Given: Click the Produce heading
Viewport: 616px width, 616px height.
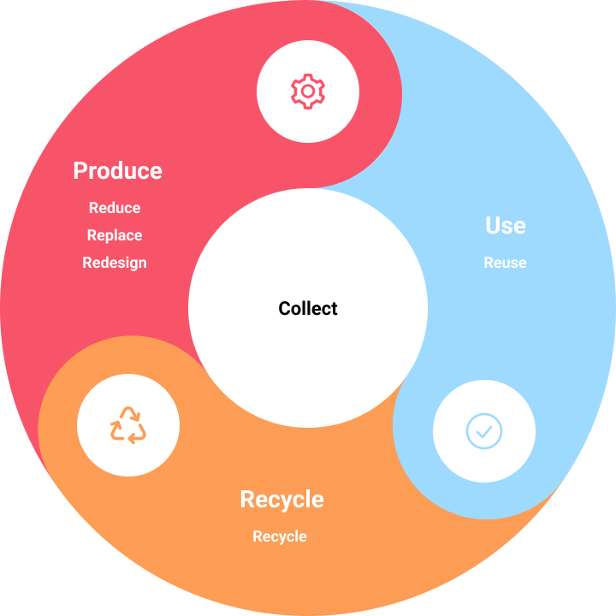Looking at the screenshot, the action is point(117,171).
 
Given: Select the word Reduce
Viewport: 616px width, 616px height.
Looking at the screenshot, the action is point(115,208).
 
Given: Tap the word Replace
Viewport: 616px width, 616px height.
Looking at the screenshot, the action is point(115,236).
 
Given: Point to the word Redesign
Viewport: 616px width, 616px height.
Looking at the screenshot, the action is point(115,264).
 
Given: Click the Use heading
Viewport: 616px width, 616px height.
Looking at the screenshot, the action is point(506,226).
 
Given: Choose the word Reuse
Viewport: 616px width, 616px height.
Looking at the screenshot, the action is point(506,263).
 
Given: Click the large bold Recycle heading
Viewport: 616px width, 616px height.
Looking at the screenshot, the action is point(282,500).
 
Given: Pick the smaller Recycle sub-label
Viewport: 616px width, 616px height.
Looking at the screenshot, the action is point(280,537).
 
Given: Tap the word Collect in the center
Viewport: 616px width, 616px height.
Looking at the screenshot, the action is point(308,308).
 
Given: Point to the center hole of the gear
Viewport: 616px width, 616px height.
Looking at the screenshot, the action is point(308,92).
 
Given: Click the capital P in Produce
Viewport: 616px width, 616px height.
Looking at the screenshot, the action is point(80,171).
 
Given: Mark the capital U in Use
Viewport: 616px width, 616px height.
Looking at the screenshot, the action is point(493,226).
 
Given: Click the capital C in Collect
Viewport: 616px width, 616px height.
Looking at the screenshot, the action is point(285,308).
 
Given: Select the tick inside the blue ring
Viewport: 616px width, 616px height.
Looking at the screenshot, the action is point(484,432).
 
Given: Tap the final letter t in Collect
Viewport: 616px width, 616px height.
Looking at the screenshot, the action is point(335,309).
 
